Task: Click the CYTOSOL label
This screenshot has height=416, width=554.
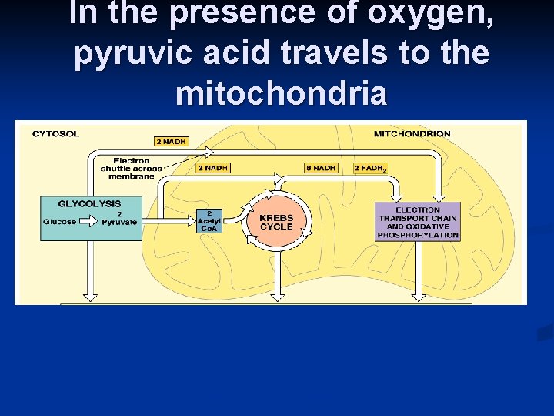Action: pyautogui.click(x=55, y=134)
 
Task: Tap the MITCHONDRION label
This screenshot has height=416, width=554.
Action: pyautogui.click(x=412, y=134)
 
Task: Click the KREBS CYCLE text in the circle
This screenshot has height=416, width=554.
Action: pyautogui.click(x=276, y=223)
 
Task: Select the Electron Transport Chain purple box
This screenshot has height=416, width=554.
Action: pyautogui.click(x=418, y=222)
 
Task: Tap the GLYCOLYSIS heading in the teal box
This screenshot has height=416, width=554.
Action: pyautogui.click(x=90, y=204)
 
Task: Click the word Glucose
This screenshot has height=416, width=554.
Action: pyautogui.click(x=60, y=222)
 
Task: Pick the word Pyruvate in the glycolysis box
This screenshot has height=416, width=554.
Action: pyautogui.click(x=119, y=222)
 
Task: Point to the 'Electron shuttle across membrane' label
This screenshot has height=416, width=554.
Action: pyautogui.click(x=131, y=168)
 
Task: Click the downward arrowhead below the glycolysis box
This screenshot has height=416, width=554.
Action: pyautogui.click(x=90, y=294)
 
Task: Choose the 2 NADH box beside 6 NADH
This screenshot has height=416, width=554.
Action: pyautogui.click(x=212, y=168)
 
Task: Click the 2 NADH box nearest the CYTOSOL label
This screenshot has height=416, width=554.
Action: pyautogui.click(x=171, y=142)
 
